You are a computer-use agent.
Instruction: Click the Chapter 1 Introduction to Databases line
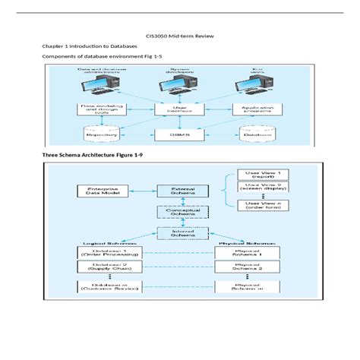point(84,46)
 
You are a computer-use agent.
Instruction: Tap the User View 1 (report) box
point(256,175)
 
